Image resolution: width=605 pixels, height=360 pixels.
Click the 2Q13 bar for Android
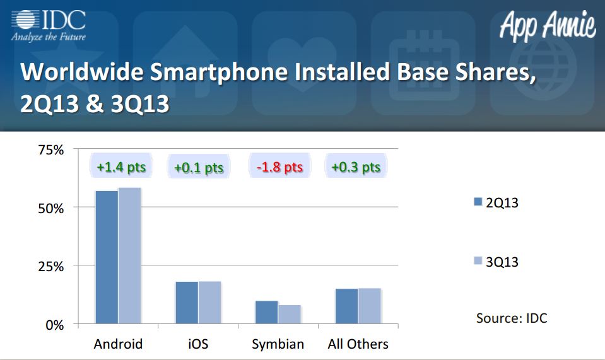[107, 257]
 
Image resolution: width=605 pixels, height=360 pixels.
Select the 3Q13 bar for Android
[130, 255]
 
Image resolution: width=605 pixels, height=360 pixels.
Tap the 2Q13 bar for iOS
[187, 303]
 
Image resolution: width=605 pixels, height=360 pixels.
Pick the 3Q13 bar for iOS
[209, 303]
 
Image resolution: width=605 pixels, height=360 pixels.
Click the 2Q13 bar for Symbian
[267, 312]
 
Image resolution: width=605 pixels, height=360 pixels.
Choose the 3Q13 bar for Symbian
[290, 315]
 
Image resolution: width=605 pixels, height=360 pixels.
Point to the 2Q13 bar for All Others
[347, 306]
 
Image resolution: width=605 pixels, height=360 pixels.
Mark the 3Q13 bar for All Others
[370, 306]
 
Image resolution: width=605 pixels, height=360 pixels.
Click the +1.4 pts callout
[121, 166]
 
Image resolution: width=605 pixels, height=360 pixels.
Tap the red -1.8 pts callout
[279, 166]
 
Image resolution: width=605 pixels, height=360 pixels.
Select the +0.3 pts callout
[356, 166]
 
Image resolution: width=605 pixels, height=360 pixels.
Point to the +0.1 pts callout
[199, 166]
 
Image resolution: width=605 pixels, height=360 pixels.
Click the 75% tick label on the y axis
[51, 149]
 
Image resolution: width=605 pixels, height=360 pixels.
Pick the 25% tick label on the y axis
[51, 266]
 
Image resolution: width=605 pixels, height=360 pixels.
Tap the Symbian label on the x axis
[278, 344]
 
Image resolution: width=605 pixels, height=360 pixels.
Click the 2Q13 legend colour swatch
[478, 202]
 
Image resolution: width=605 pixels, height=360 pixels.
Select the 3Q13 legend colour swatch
[478, 260]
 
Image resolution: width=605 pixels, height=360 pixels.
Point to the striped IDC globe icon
[25, 20]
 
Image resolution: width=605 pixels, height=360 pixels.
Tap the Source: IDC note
[512, 318]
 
